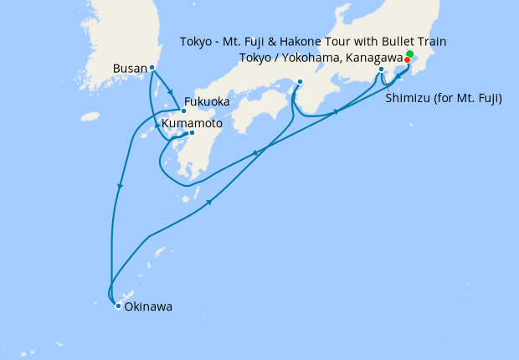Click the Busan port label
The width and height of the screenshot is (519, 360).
[130, 68]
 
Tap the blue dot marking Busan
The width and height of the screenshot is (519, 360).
[152, 67]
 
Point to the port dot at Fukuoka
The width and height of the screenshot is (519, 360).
[183, 111]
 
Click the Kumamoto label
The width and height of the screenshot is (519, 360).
[192, 123]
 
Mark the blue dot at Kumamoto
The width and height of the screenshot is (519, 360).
[192, 133]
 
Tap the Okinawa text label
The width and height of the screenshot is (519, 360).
[148, 307]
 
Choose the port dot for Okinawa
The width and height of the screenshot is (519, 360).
[118, 306]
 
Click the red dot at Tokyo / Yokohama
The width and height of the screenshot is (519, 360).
[407, 60]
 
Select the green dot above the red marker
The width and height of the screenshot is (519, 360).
[409, 54]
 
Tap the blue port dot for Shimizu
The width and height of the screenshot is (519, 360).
[381, 69]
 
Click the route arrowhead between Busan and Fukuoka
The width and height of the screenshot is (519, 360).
[171, 93]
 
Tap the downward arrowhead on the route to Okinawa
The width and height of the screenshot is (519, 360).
[121, 186]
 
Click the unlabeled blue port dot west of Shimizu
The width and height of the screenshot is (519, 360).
[300, 81]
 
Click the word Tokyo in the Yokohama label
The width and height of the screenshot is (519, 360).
[255, 57]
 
